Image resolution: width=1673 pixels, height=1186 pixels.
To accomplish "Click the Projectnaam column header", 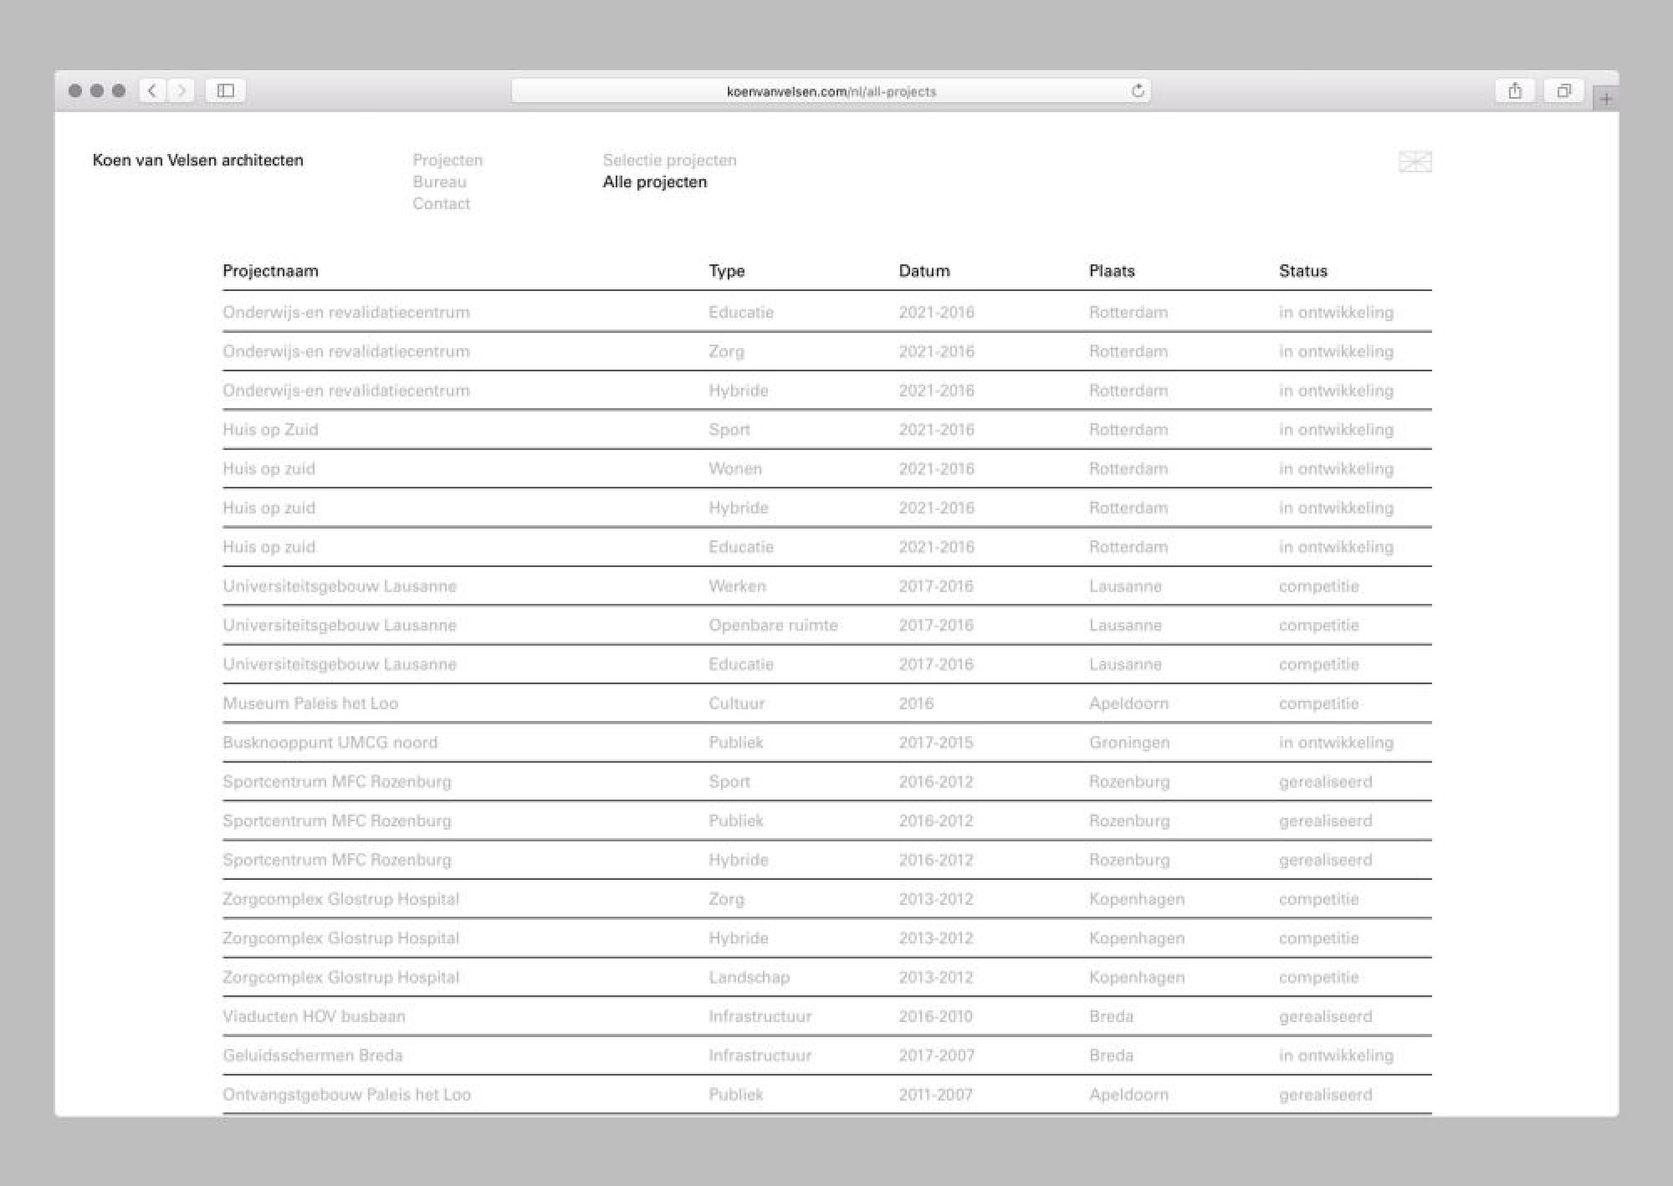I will point(270,271).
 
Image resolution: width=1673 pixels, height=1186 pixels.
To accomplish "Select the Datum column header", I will point(923,271).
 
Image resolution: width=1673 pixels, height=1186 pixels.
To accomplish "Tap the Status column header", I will point(1302,271).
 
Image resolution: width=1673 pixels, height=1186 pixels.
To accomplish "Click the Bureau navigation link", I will point(439,182).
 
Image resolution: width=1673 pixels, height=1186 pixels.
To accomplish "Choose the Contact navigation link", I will point(441,204).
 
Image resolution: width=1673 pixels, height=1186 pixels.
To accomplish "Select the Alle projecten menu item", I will point(654,182).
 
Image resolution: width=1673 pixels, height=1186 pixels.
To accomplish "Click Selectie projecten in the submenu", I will point(669,161).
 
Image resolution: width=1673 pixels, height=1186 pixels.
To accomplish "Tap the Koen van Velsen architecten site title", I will point(197,161).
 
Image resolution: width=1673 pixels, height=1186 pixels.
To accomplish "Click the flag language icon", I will point(1415,161).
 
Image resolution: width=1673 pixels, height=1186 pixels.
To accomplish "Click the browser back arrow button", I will point(152,91).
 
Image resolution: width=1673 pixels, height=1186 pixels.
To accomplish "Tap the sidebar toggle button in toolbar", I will point(225,91).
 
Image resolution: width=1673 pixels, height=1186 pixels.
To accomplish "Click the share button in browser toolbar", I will point(1514,91).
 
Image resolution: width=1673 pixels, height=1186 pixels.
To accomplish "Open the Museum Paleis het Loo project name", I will point(310,703).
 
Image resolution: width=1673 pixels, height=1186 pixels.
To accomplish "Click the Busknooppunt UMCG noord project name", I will point(330,743).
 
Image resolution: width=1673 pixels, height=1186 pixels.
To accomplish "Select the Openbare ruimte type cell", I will point(773,626).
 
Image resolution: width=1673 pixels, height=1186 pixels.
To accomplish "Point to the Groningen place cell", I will point(1129,743).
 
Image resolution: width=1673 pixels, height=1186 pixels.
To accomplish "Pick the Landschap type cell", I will point(749,978).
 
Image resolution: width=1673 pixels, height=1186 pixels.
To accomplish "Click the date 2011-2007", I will point(935,1095).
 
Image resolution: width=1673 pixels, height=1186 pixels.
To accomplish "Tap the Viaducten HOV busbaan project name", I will point(314,1017).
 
